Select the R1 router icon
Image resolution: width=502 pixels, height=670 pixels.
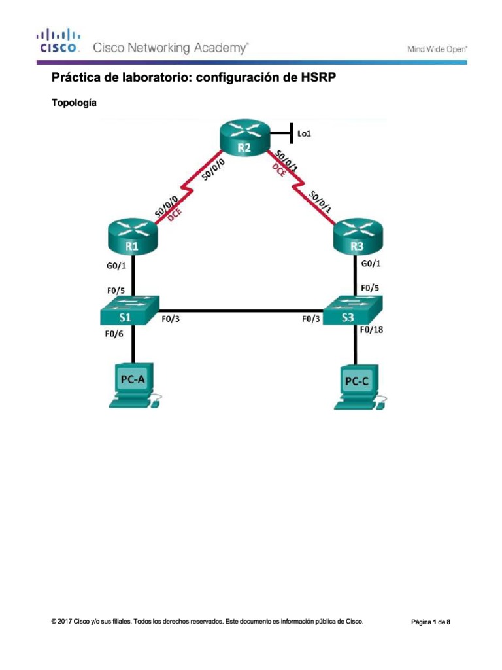tap(133, 238)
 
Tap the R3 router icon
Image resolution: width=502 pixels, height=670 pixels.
tap(356, 238)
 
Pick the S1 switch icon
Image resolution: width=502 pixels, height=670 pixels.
tap(129, 311)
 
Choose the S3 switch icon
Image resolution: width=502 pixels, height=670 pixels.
tap(353, 311)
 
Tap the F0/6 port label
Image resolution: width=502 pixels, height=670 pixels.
tap(115, 334)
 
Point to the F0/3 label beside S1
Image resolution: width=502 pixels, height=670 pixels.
tap(171, 320)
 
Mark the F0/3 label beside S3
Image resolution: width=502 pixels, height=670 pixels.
tap(311, 320)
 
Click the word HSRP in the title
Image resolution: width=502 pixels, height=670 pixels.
tap(320, 79)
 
